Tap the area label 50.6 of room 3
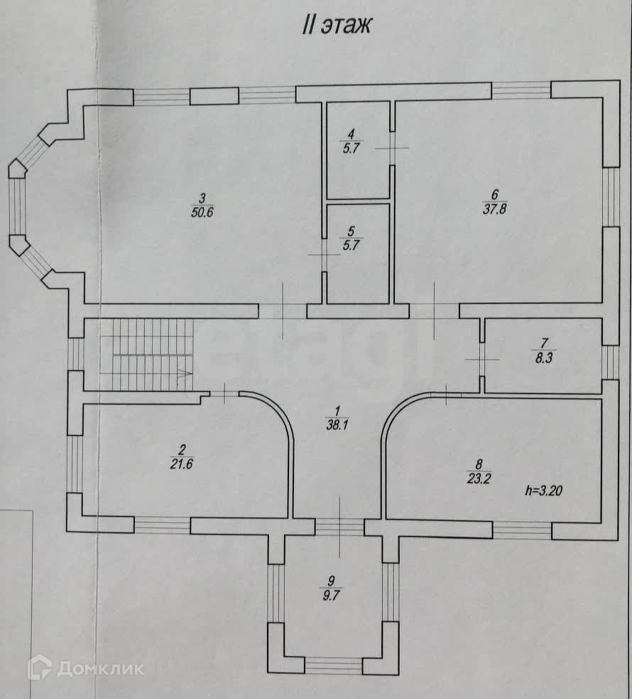coord(202,211)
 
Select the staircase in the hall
coord(146,354)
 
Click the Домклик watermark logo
coord(85,668)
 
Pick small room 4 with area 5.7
coord(357,150)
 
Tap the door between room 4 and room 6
coord(392,148)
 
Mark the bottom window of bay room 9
coord(333,666)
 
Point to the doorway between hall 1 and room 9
coord(339,527)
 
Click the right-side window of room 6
coord(611,197)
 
